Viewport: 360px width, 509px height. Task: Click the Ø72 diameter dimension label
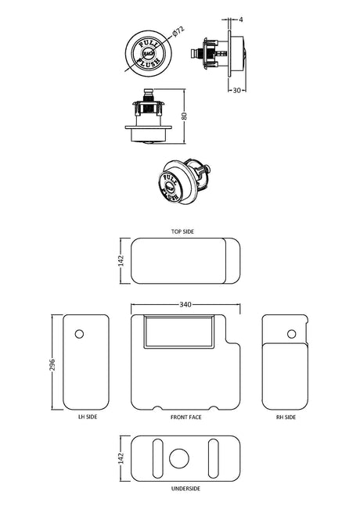click(178, 32)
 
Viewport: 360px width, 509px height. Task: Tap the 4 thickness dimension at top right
click(241, 20)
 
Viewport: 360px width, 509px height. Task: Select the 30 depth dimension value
click(237, 90)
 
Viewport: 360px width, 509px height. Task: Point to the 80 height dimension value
click(185, 116)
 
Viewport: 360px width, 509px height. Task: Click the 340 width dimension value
click(185, 304)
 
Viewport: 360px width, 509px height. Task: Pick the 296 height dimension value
click(52, 365)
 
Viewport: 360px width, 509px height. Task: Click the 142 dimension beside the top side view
click(121, 261)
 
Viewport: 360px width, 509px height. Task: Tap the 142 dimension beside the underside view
click(121, 458)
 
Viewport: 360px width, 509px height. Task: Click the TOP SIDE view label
click(182, 231)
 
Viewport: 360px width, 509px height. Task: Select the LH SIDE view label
click(88, 417)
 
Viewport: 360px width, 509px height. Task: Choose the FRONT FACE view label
click(185, 418)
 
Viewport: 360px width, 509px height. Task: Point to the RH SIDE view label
click(286, 418)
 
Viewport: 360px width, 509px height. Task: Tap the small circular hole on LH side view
click(79, 334)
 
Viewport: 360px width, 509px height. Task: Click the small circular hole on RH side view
click(292, 334)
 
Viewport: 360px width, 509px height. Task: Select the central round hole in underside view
click(179, 459)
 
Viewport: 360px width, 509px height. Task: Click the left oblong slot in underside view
click(158, 459)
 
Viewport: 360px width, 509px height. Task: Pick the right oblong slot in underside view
click(214, 459)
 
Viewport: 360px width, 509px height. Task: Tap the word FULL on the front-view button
click(148, 45)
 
